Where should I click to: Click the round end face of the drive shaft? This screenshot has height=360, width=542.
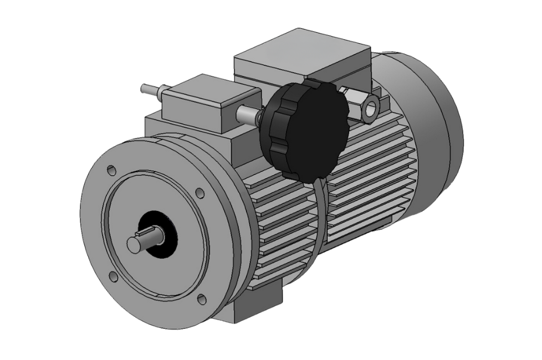[135, 244]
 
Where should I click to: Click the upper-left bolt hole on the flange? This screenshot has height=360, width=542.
[111, 169]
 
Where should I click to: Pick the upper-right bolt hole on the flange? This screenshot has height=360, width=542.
[200, 193]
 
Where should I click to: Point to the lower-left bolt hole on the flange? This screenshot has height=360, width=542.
[114, 275]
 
